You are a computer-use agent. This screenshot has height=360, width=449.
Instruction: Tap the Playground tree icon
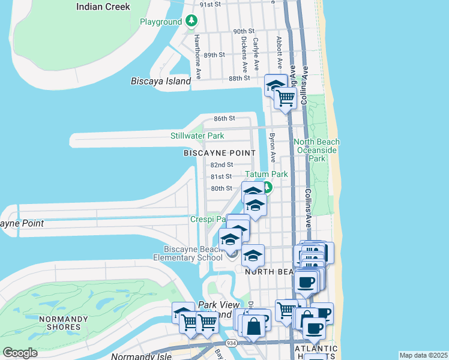pos(191,22)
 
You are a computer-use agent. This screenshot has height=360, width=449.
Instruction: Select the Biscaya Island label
pos(161,81)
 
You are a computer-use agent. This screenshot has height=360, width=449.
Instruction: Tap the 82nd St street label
pos(221,164)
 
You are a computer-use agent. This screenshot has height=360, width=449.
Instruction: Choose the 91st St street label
pos(211,4)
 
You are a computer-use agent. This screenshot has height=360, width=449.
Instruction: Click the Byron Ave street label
pos(272,148)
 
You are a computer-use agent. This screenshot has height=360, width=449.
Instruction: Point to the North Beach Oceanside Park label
pos(316,150)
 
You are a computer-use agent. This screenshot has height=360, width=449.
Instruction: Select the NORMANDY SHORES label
pos(59,323)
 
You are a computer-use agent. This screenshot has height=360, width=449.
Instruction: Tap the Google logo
pos(20,353)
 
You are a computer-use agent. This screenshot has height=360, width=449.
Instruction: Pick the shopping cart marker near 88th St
pos(286,98)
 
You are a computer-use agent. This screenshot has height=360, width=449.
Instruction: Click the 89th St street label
pos(214,55)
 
